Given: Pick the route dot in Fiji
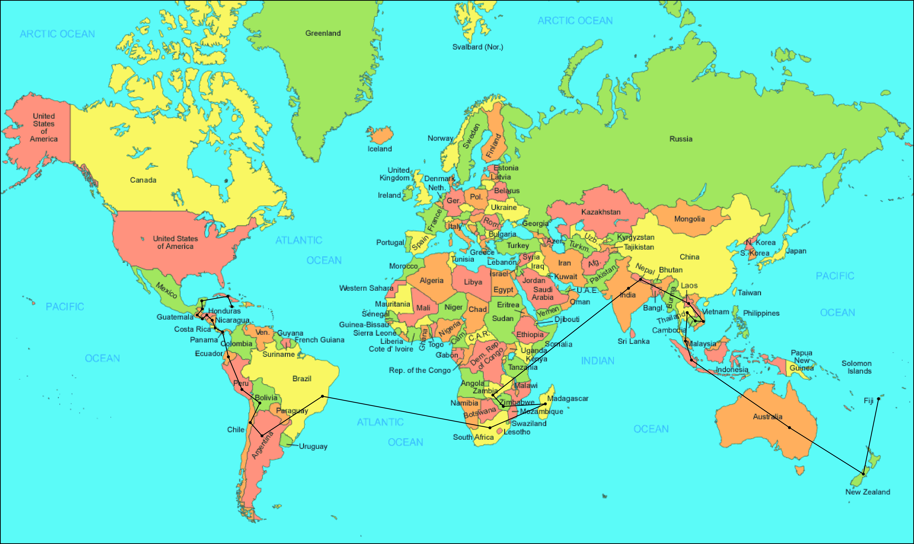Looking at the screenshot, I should point(878,399).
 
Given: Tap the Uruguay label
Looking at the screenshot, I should point(313,446).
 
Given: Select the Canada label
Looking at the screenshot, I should point(143,180).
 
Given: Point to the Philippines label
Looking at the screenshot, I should point(761,313).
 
